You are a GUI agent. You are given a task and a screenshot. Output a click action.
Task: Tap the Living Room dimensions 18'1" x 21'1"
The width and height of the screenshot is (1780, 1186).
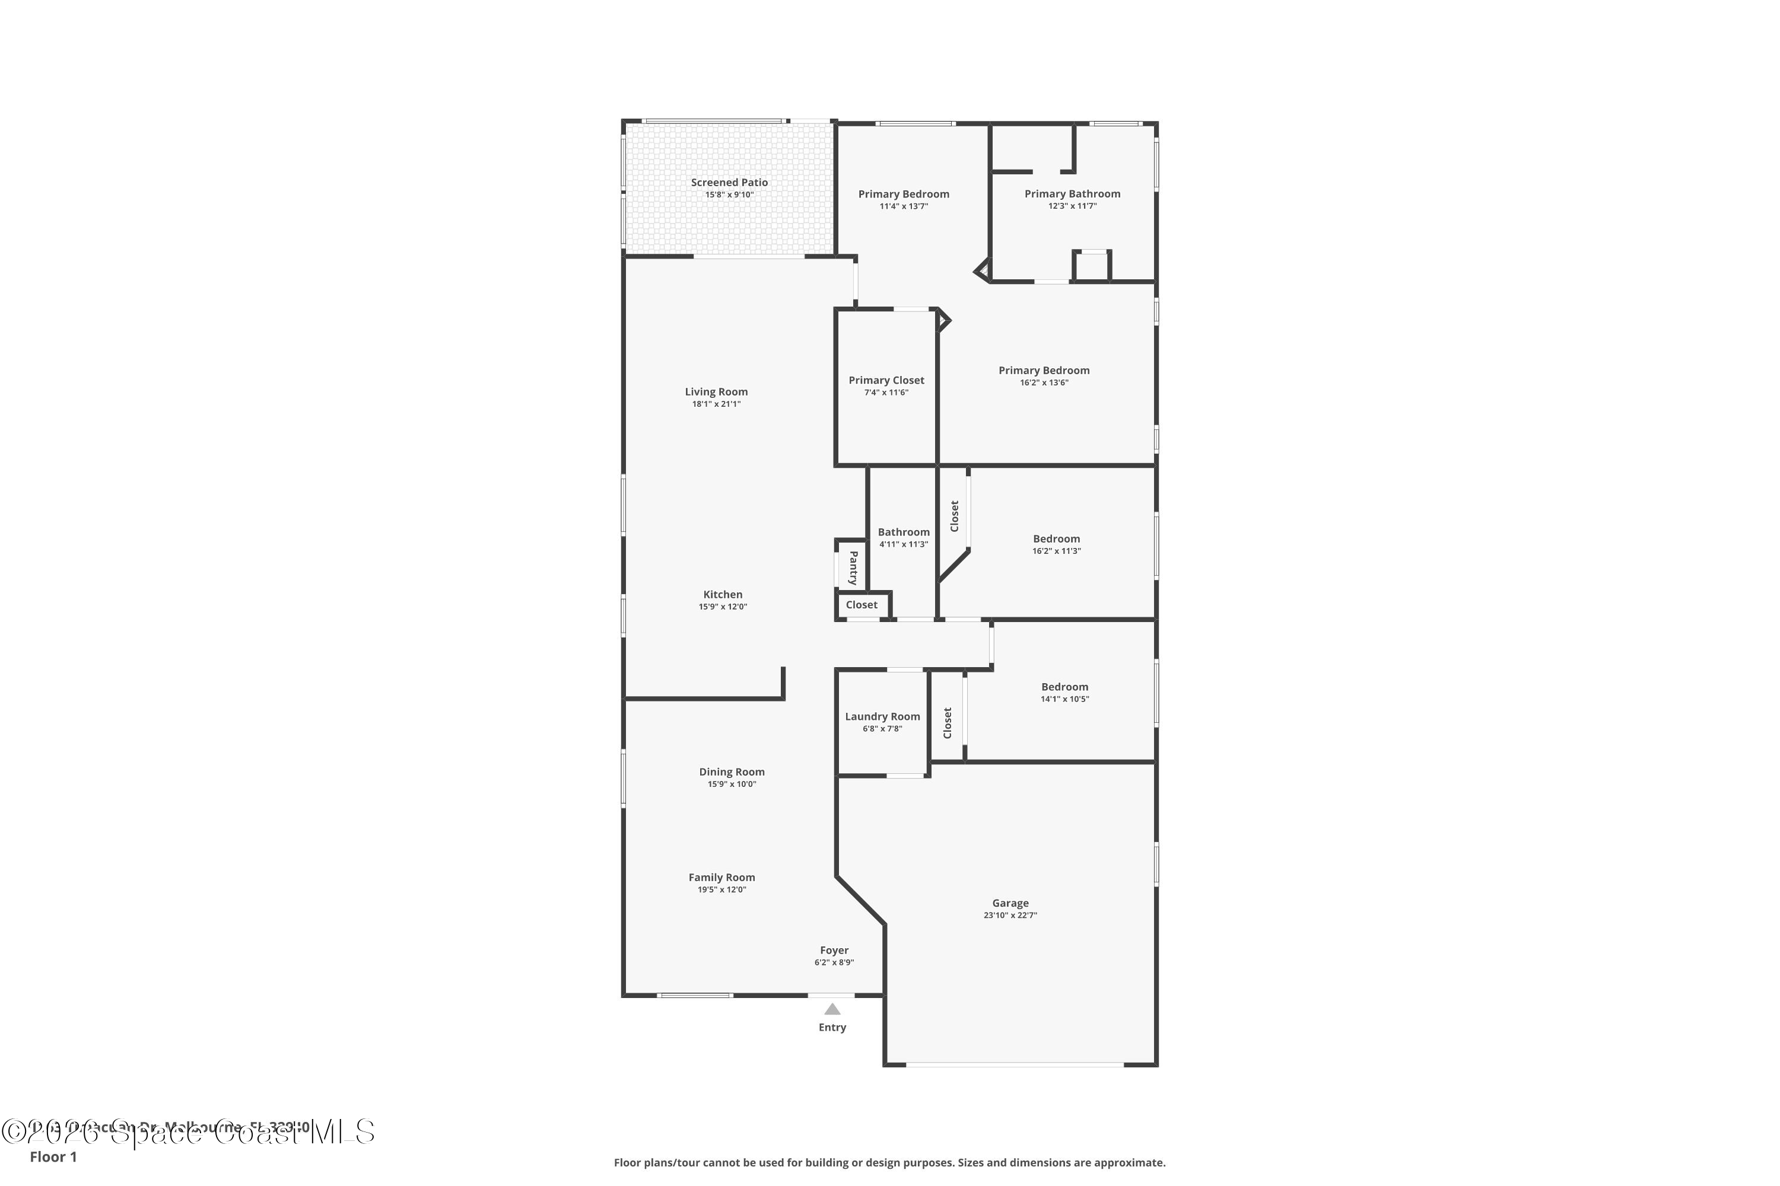[716, 404]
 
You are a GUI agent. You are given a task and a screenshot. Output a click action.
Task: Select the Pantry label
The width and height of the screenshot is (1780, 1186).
[853, 568]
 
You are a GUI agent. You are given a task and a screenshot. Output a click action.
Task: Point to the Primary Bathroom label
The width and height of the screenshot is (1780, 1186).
[1072, 194]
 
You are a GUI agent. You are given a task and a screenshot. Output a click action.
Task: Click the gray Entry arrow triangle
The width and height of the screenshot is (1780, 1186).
[832, 1009]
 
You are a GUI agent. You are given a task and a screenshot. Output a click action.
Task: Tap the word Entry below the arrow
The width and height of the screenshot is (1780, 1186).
[832, 1027]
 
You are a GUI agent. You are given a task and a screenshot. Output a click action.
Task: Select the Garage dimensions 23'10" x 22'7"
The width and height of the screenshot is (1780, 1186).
[1010, 915]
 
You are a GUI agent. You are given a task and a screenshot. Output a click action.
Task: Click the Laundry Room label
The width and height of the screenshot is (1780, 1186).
[882, 716]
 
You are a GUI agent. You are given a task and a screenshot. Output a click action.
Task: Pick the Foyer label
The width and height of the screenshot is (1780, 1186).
[834, 950]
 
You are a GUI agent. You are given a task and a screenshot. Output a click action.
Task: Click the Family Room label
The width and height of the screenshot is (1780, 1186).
[721, 878]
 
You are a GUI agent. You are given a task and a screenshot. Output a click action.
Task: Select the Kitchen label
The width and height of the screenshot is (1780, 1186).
[723, 595]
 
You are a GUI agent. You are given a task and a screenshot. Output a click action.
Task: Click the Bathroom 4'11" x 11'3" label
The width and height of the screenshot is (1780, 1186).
[904, 533]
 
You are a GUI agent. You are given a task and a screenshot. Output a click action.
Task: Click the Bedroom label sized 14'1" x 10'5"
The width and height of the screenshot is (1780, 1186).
[1064, 687]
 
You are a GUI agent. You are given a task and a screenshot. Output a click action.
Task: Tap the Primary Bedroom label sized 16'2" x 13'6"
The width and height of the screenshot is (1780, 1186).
[1044, 371]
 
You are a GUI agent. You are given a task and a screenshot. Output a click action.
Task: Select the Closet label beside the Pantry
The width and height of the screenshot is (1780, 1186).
[862, 605]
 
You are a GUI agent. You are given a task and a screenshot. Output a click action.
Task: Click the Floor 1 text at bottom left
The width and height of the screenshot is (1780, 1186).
[53, 1156]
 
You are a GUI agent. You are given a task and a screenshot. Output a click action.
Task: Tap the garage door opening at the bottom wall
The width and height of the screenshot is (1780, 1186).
[1014, 1065]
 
